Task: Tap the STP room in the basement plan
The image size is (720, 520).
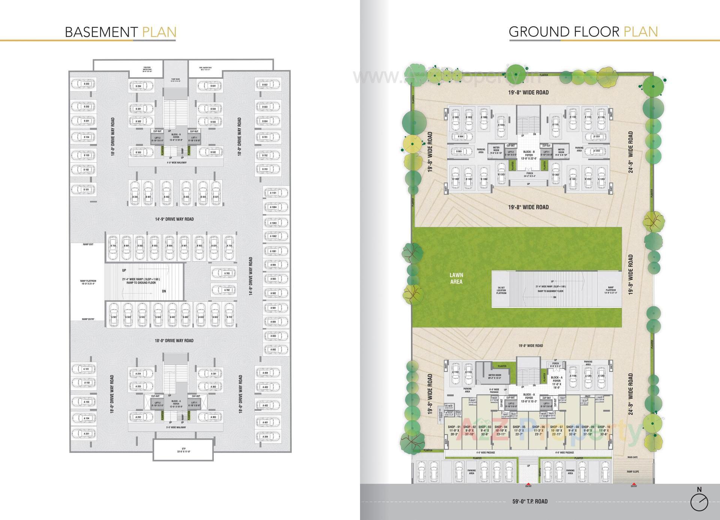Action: [184, 450]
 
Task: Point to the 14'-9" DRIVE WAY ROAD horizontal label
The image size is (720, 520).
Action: [175, 219]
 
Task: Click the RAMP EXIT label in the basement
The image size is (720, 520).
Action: [88, 244]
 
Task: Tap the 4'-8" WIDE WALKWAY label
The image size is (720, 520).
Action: [176, 163]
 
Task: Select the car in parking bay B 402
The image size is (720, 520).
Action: [166, 193]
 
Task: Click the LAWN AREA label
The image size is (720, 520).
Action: [456, 278]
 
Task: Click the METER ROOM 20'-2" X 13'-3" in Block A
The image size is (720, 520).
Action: [495, 376]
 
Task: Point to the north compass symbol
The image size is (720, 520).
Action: [699, 501]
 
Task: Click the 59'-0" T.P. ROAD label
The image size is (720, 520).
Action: [530, 501]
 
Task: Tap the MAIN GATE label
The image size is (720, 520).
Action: [633, 457]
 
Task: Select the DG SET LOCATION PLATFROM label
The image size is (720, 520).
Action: [501, 290]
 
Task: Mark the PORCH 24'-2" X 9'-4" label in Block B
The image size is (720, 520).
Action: [529, 175]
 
